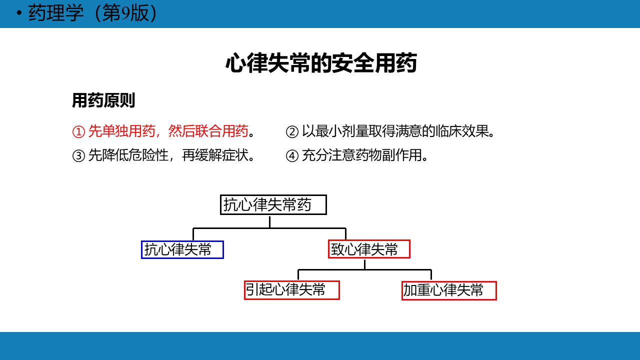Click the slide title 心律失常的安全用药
pyautogui.click(x=321, y=62)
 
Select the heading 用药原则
pyautogui.click(x=103, y=100)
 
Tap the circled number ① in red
pyautogui.click(x=78, y=132)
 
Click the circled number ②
pyautogui.click(x=292, y=132)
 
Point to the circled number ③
pyautogui.click(x=78, y=156)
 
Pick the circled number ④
pyautogui.click(x=292, y=156)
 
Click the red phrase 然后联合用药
pyautogui.click(x=208, y=131)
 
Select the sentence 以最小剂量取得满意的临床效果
pyautogui.click(x=395, y=131)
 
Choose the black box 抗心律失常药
pyautogui.click(x=273, y=205)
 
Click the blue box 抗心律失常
pyautogui.click(x=182, y=250)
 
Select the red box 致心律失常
pyautogui.click(x=369, y=249)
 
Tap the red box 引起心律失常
pyautogui.click(x=292, y=290)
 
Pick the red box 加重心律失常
pyautogui.click(x=449, y=291)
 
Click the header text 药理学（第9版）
pyautogui.click(x=92, y=13)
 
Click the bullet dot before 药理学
pyautogui.click(x=19, y=13)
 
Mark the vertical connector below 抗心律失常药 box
pyautogui.click(x=269, y=221)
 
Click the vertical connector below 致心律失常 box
pyautogui.click(x=365, y=264)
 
